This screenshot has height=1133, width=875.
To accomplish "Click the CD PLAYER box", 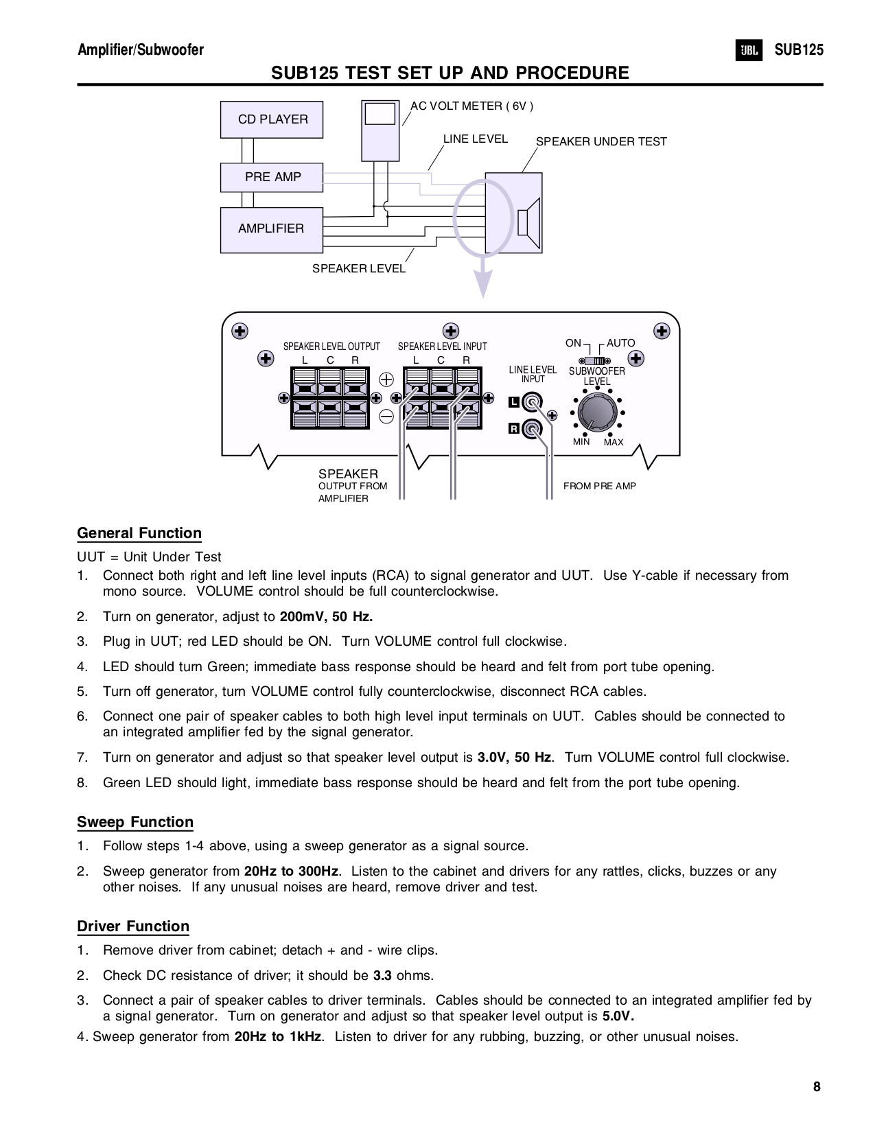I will (x=272, y=119).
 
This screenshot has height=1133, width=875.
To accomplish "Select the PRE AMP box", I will (x=272, y=177).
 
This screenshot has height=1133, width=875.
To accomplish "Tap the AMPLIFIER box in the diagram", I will (x=272, y=229).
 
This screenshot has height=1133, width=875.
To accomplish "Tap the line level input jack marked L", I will (x=532, y=401).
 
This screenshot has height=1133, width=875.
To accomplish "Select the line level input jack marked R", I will (x=532, y=429).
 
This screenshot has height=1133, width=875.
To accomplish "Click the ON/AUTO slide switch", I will (x=596, y=361).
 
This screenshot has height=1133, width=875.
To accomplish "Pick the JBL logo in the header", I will (x=749, y=51).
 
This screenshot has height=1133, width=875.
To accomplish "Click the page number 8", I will (x=817, y=1087).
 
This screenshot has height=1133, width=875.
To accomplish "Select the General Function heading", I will (x=139, y=533).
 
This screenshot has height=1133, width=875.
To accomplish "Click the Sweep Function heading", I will (x=135, y=822).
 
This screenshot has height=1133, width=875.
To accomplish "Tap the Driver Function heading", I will (x=133, y=926).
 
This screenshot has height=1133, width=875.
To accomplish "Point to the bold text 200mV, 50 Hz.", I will (x=326, y=616).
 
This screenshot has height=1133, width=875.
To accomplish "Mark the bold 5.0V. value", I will (x=618, y=1016).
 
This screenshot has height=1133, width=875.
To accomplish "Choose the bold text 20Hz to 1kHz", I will (x=278, y=1036).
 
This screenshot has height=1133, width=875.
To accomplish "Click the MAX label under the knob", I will (x=614, y=443).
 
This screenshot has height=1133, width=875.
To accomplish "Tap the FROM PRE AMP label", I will (x=600, y=486).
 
